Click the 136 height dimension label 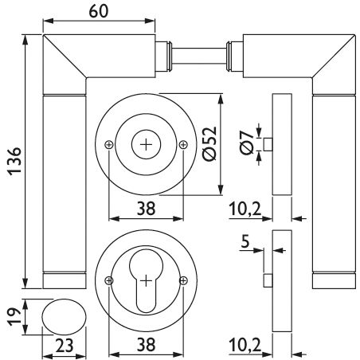click(x=14, y=161)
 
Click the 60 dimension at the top click(x=99, y=11)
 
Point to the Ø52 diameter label click(x=209, y=143)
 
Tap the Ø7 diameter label click(x=247, y=143)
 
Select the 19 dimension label click(x=14, y=317)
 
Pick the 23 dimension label click(x=65, y=346)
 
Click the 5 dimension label click(x=245, y=242)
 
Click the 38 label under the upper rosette click(x=146, y=208)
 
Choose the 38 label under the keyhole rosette click(x=146, y=344)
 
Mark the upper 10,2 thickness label click(x=245, y=209)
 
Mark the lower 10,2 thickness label click(x=245, y=345)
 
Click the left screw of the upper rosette click(x=109, y=145)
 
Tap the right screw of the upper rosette click(x=183, y=145)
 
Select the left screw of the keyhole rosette click(x=109, y=280)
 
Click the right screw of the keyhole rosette click(x=183, y=280)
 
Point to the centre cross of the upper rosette click(x=146, y=145)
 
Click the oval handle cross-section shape click(x=64, y=317)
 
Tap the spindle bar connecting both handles click(x=199, y=56)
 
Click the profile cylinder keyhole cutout click(x=146, y=280)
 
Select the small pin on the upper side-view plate click(x=268, y=144)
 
